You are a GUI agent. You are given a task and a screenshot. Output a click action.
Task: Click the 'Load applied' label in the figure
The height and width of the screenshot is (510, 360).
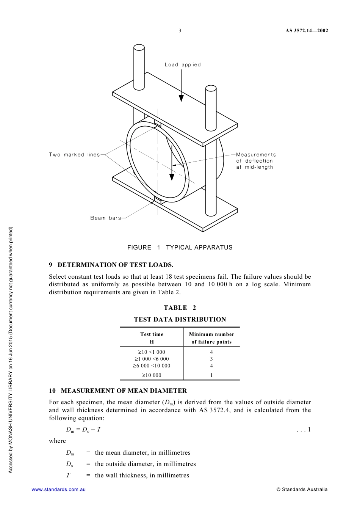[x=183, y=65]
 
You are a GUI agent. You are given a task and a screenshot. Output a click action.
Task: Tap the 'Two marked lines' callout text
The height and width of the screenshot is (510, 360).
[x=74, y=155]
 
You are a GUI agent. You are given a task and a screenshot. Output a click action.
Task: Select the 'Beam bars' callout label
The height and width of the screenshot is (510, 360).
[x=106, y=218]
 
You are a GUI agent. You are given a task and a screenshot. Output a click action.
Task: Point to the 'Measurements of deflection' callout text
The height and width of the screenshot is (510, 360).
[x=256, y=161]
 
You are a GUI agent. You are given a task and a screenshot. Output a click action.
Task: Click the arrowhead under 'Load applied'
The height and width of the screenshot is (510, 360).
[x=181, y=98]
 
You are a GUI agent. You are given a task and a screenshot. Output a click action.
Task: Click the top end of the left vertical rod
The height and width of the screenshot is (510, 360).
[x=139, y=48]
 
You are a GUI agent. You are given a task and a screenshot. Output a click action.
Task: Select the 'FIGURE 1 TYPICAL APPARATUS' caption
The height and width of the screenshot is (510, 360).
[x=180, y=248]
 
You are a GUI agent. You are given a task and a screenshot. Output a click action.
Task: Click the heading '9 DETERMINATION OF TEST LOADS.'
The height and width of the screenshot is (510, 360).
[x=111, y=265]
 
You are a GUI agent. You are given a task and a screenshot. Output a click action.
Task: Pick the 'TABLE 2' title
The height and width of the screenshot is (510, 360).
[x=180, y=308]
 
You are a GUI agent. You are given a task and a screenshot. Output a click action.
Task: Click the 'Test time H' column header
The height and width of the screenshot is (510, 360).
[x=152, y=338]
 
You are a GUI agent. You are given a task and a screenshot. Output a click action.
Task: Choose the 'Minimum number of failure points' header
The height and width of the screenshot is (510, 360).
[x=211, y=338]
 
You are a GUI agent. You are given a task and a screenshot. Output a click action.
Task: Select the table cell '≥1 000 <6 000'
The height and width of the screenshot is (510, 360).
[x=152, y=359]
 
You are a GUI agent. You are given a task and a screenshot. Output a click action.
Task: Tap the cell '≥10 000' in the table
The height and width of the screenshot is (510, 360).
[x=152, y=375]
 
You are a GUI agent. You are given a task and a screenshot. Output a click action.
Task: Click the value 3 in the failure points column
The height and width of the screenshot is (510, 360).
[x=211, y=359]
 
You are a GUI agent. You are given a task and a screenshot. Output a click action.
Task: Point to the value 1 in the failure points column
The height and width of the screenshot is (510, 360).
[x=211, y=375]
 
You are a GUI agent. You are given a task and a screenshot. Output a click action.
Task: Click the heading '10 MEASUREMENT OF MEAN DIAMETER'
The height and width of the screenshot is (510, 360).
[x=118, y=391]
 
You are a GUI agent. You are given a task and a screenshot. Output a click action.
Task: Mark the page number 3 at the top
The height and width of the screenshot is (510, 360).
[x=180, y=31]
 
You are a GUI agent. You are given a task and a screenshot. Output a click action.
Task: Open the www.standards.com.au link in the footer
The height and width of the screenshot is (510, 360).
[x=59, y=490]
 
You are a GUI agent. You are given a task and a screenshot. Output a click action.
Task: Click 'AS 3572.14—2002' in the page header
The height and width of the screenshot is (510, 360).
[x=307, y=31]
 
